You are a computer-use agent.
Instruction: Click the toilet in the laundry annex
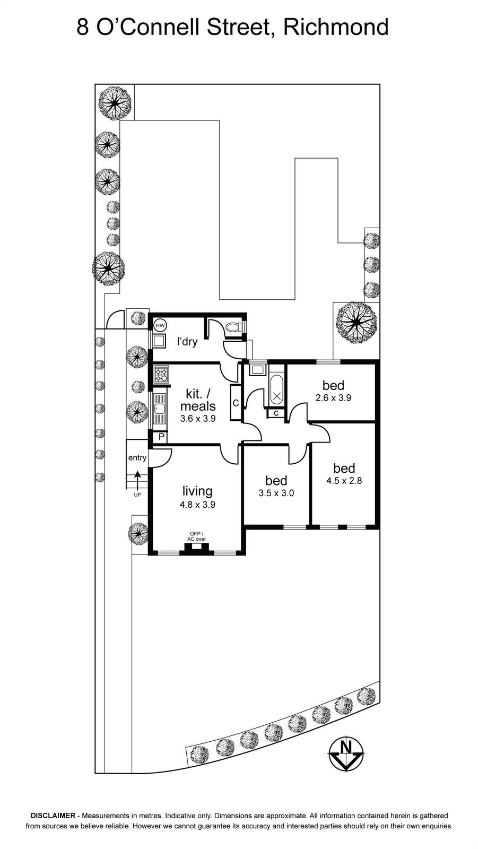coord(234,327)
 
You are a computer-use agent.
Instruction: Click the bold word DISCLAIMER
coord(53,823)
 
